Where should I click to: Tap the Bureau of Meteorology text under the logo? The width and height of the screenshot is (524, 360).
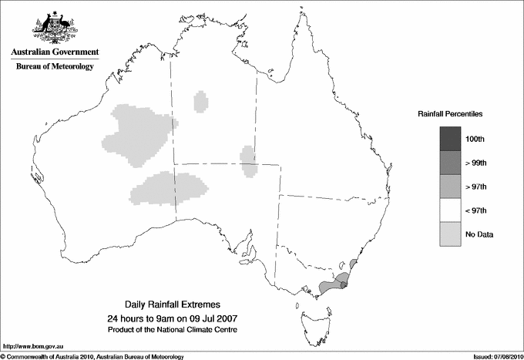[x=54, y=67]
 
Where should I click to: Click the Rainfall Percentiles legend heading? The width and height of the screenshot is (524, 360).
[x=450, y=114]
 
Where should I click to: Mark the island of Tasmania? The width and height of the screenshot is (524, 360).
[x=311, y=317]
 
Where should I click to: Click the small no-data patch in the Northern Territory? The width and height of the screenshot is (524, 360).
[x=201, y=101]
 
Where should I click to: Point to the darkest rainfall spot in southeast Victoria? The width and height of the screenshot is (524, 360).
[x=344, y=287]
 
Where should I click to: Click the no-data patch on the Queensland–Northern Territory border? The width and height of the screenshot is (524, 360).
[x=248, y=160]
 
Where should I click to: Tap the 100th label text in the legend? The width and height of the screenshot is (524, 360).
[x=475, y=139]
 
